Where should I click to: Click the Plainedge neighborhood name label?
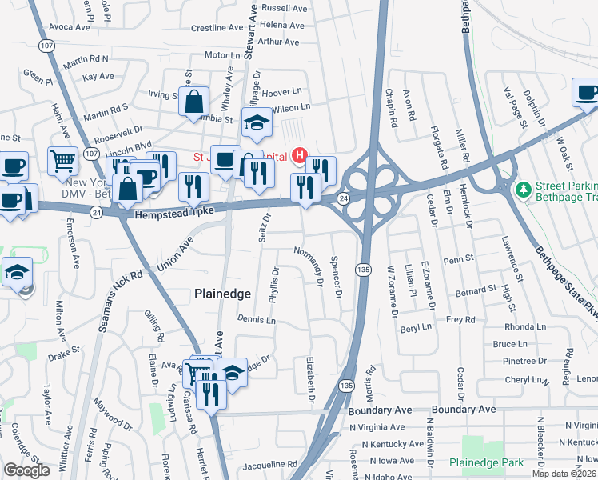(223, 294)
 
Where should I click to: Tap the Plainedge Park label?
(485, 462)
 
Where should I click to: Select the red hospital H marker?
(300, 154)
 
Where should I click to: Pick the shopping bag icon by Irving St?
(194, 102)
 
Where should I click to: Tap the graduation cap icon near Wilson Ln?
(257, 123)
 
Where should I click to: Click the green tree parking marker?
(524, 190)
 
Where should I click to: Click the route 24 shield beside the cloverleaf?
(343, 198)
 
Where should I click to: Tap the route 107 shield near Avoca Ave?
(42, 46)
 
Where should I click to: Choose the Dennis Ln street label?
(256, 320)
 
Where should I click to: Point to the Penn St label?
(460, 260)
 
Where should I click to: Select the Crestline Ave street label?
(217, 27)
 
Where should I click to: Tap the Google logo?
(27, 470)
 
